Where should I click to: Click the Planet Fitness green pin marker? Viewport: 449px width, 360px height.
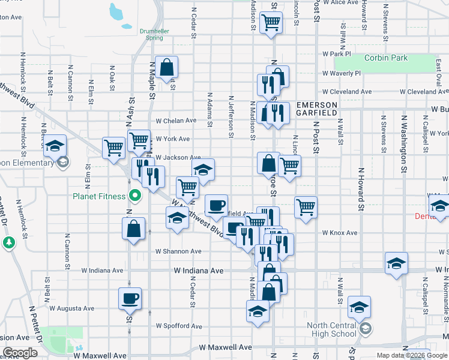click(135, 196)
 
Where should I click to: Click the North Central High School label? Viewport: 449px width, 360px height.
click(331, 330)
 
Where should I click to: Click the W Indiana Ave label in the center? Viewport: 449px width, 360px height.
click(199, 271)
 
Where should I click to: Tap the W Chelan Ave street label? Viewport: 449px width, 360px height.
click(176, 120)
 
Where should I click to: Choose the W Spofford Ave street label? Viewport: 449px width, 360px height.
click(179, 326)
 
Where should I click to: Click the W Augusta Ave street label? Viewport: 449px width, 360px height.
click(72, 308)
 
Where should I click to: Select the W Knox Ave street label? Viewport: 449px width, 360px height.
click(339, 232)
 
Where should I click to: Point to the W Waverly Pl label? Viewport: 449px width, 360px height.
click(341, 73)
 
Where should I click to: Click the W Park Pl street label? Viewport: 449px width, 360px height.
click(336, 53)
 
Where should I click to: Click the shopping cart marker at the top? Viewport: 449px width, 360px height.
click(271, 23)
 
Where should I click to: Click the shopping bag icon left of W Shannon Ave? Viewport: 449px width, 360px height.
click(133, 229)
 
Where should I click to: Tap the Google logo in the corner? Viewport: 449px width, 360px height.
click(20, 353)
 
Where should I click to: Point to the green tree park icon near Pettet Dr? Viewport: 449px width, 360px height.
click(8, 242)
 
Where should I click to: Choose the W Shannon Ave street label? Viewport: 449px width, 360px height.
click(178, 251)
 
